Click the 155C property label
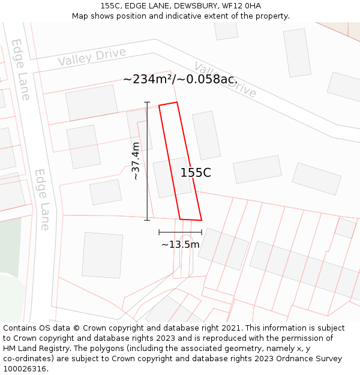[196, 173]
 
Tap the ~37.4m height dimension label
[136, 161]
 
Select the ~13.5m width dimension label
[180, 244]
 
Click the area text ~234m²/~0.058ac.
[180, 79]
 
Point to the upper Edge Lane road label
[20, 69]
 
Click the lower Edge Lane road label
[41, 199]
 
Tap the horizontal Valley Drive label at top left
[92, 56]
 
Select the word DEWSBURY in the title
[193, 5]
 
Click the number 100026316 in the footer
[25, 369]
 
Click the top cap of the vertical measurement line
[147, 103]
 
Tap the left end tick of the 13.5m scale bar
[159, 232]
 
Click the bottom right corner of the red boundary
[201, 220]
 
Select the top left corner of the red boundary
[159, 106]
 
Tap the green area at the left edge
[9, 252]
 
